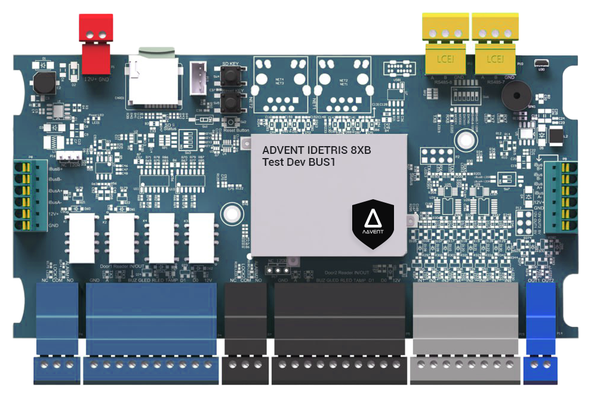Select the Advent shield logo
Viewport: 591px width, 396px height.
(x=373, y=223)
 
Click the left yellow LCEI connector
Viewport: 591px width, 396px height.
(x=444, y=48)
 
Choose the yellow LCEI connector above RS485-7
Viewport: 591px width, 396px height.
(x=495, y=48)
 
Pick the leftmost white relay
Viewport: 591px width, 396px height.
(x=80, y=235)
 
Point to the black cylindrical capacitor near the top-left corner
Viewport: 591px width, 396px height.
(x=43, y=83)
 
